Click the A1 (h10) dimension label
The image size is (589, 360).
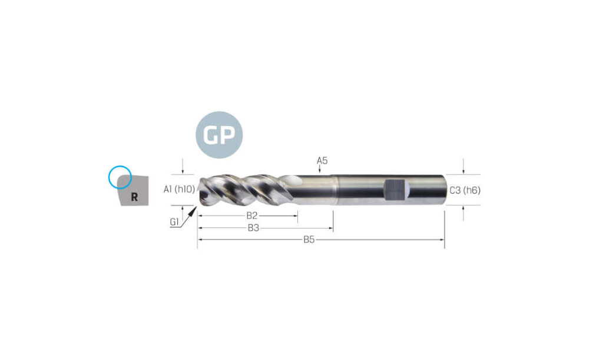coord(180,189)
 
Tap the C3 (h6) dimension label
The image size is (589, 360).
coord(465,190)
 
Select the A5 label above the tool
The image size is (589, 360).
coord(322,160)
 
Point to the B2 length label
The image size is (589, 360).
coord(252,216)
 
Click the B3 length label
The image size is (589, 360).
coord(253,227)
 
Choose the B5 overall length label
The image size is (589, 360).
coord(309,239)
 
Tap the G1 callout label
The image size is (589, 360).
coord(174,222)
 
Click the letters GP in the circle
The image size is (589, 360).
coord(219,134)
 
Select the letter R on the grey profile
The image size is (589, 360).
coord(134,197)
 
